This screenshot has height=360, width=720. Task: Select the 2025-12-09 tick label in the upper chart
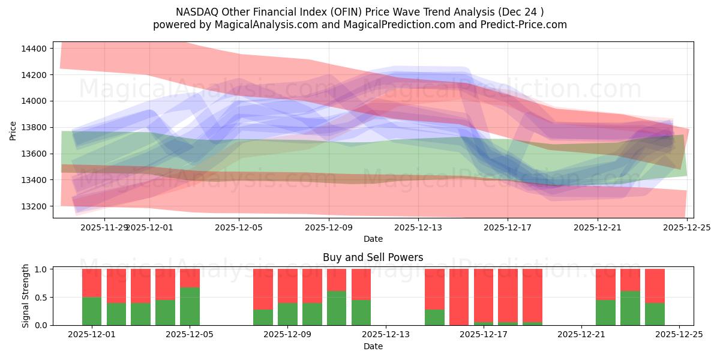(329, 227)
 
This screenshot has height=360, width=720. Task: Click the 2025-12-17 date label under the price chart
(508, 227)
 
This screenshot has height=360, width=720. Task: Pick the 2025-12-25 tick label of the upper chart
(686, 227)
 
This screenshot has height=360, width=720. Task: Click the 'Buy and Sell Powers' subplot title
(373, 257)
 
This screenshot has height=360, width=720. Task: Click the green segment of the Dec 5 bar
(190, 306)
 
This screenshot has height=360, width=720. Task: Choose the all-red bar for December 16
(459, 297)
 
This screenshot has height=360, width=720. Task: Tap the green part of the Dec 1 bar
(92, 311)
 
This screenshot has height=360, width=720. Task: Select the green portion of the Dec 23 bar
(630, 308)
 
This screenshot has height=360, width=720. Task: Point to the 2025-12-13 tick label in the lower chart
(386, 334)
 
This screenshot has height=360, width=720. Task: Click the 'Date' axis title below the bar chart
(373, 346)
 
